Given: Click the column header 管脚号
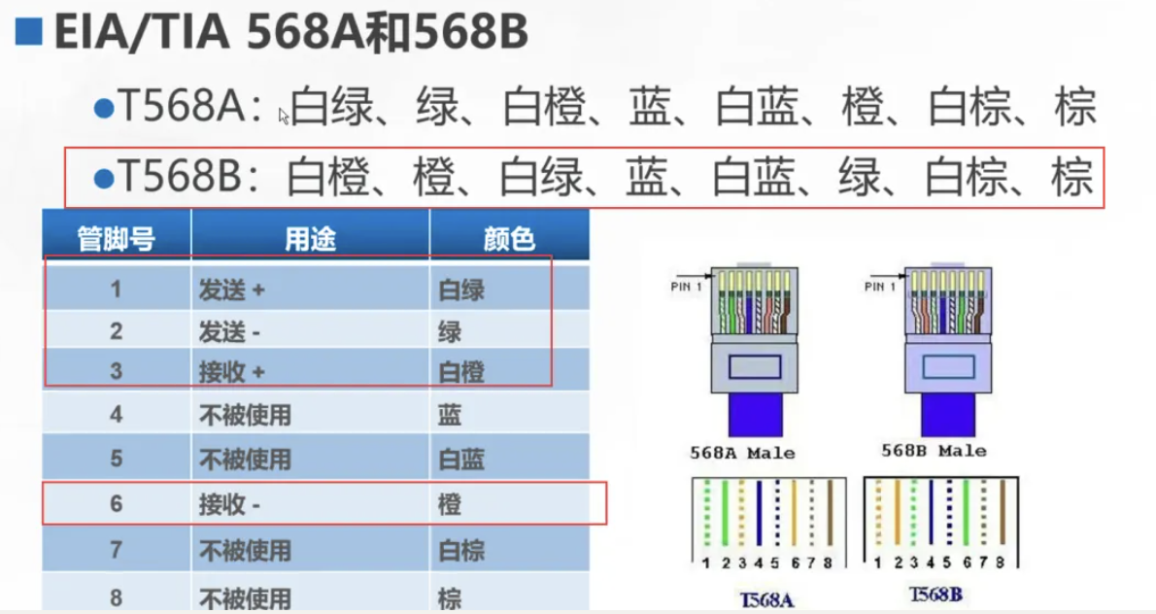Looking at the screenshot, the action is [x=117, y=238].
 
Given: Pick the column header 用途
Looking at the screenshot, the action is [x=310, y=238].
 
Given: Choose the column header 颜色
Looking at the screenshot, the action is [x=509, y=238].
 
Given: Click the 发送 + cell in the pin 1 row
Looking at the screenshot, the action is [x=232, y=289].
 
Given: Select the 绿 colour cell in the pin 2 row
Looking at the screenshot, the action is [x=449, y=331].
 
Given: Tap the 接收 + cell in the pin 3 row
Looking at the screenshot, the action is [x=232, y=373].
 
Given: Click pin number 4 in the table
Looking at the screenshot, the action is [x=117, y=415].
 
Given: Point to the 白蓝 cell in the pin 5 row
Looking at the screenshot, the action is [x=460, y=458].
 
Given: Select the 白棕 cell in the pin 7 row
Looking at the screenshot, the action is [x=460, y=550].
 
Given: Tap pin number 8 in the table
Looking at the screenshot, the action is [x=117, y=597].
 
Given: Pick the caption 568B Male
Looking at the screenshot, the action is [x=934, y=451].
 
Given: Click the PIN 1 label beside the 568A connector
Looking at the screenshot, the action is [x=687, y=287].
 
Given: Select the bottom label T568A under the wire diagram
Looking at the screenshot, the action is [x=766, y=598].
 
